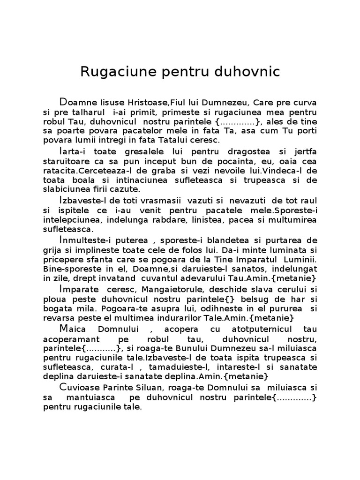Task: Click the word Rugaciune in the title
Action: click(x=113, y=72)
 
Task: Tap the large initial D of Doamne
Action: click(x=64, y=102)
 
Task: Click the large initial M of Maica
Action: click(x=64, y=328)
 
